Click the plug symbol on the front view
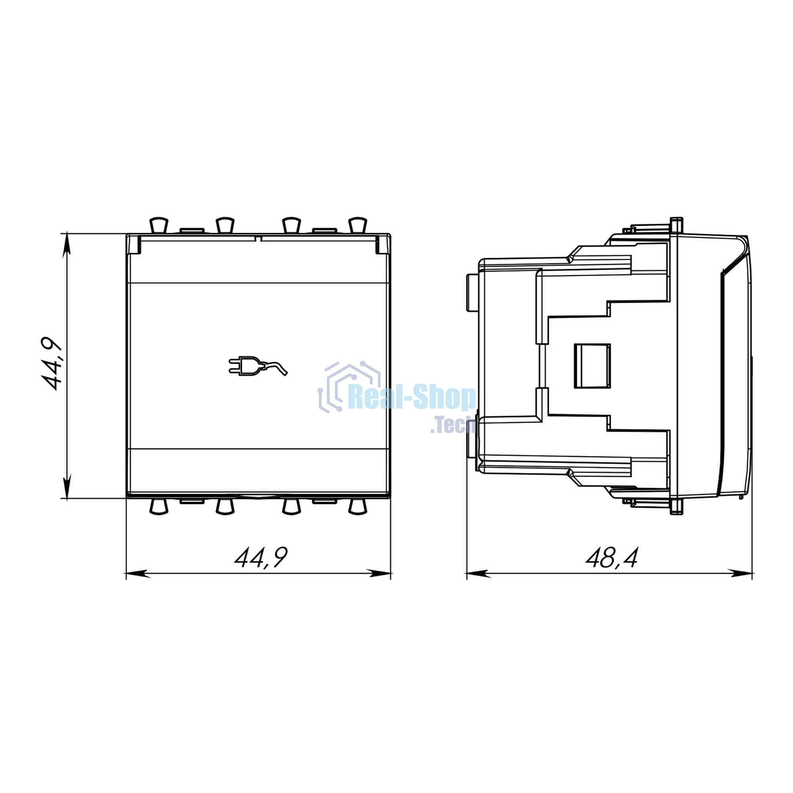[x=258, y=366]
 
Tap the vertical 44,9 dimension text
[x=52, y=364]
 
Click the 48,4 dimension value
[x=611, y=558]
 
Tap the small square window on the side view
[x=592, y=366]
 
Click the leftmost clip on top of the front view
[x=159, y=224]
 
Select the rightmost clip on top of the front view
[x=357, y=224]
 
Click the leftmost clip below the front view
[x=159, y=507]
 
